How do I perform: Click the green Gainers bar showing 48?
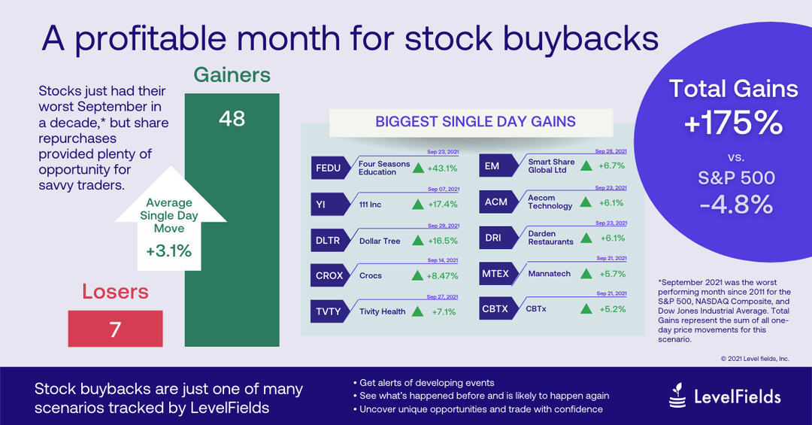pos(232,226)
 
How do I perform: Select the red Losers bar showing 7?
pos(115,329)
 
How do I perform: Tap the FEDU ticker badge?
pos(329,168)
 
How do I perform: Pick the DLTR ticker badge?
pos(329,241)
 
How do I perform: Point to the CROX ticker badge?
pos(329,275)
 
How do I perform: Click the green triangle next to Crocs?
pos(417,275)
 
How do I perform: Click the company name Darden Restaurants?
pos(551,238)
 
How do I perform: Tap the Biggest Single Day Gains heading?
pos(476,121)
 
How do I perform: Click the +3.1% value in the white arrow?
pos(168,251)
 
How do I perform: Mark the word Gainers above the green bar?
pos(232,75)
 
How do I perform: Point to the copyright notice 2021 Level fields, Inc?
pos(755,359)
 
